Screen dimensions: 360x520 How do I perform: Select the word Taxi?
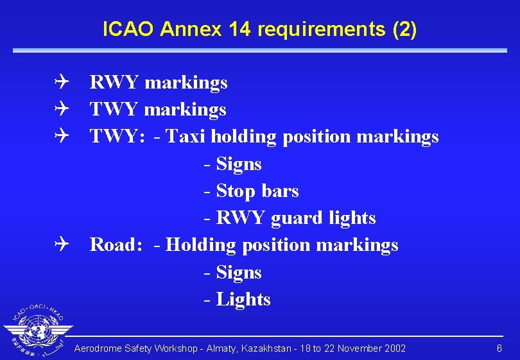pyautogui.click(x=186, y=137)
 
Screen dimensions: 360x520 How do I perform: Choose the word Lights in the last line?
pyautogui.click(x=243, y=300)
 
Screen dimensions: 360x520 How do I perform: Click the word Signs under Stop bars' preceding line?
pyautogui.click(x=239, y=164)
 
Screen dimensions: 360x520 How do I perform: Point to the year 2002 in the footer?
pyautogui.click(x=394, y=348)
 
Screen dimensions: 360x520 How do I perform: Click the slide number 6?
pyautogui.click(x=499, y=348)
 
